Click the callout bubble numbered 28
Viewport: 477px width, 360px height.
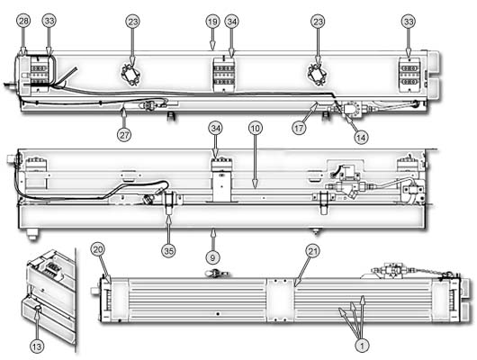[x=24, y=21]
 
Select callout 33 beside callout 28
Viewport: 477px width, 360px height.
[x=49, y=21]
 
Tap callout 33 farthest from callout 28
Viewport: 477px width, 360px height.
[x=409, y=22]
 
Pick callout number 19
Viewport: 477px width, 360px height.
[x=212, y=22]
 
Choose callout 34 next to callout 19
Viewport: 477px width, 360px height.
[x=232, y=22]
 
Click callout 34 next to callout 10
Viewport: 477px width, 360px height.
[x=215, y=128]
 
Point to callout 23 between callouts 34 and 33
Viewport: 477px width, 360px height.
[x=318, y=22]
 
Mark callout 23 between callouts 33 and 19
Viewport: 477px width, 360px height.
[x=132, y=22]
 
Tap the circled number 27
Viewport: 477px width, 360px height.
[x=124, y=134]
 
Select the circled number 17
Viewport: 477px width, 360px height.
[x=299, y=128]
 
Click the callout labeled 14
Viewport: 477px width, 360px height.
[x=361, y=138]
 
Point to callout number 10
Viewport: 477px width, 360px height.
[x=255, y=128]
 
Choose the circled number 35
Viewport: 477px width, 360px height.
[x=169, y=251]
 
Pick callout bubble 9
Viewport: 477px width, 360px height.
[x=212, y=257]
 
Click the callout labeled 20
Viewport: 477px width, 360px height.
[x=98, y=250]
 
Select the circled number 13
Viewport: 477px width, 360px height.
[x=37, y=346]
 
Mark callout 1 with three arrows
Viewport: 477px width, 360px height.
[x=362, y=346]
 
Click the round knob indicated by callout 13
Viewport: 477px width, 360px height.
[x=37, y=309]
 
